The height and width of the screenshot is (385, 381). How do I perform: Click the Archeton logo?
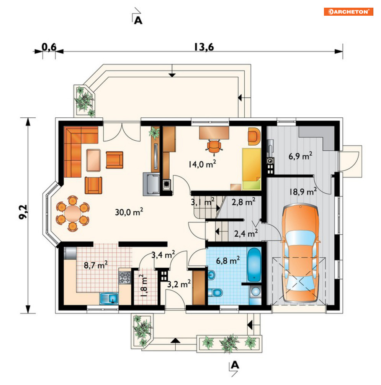point(348,12)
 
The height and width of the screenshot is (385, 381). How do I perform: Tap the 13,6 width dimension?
point(204,47)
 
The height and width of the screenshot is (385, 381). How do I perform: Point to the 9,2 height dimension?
point(24,212)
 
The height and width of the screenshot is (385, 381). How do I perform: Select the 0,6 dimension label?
point(49,47)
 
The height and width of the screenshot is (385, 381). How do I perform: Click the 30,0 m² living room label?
point(129,212)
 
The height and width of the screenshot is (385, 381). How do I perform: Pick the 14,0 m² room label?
point(202,164)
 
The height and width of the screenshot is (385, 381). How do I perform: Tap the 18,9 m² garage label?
point(303,191)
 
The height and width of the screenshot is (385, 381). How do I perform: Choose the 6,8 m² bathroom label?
point(228,260)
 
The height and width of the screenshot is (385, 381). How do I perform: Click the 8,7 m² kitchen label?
point(96,265)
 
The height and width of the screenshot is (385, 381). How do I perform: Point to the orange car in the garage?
point(301,253)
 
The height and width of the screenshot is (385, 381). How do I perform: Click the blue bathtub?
point(254,265)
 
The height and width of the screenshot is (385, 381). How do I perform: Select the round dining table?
point(73,213)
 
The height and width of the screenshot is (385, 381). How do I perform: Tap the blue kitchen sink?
point(109,299)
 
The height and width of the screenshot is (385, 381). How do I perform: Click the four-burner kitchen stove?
point(125,278)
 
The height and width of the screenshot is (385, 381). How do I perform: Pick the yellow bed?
point(251,169)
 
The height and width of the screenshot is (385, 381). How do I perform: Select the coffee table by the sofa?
point(93,160)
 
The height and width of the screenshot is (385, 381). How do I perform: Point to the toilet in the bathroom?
point(216,293)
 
